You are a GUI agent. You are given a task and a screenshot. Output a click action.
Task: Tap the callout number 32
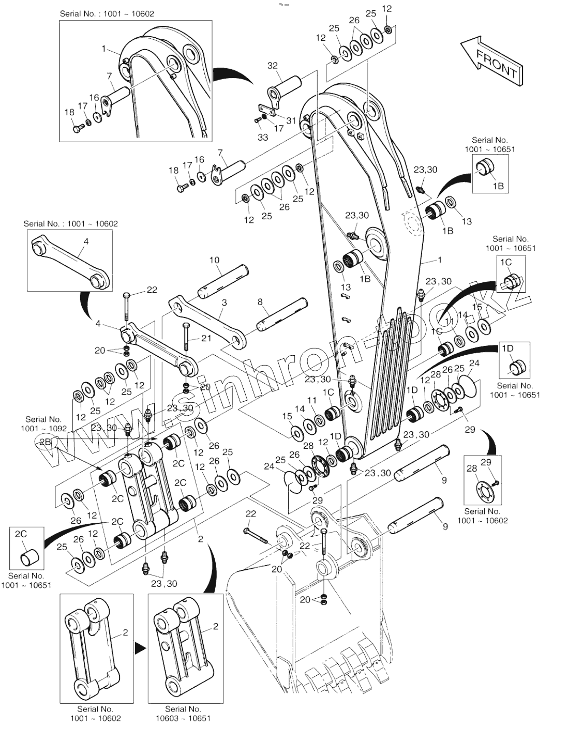point(272,65)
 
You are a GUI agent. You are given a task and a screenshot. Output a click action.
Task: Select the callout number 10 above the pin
point(214,260)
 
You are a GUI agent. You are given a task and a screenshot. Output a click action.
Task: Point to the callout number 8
point(260,301)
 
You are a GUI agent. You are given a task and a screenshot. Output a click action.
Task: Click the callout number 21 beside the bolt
point(192,338)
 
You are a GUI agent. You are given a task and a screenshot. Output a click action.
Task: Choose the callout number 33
point(263,137)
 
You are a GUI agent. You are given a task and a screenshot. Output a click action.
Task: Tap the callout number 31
point(291,120)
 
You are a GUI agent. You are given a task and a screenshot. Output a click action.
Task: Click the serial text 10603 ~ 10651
point(183,718)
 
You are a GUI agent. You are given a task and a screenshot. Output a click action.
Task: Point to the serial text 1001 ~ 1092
point(43,429)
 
